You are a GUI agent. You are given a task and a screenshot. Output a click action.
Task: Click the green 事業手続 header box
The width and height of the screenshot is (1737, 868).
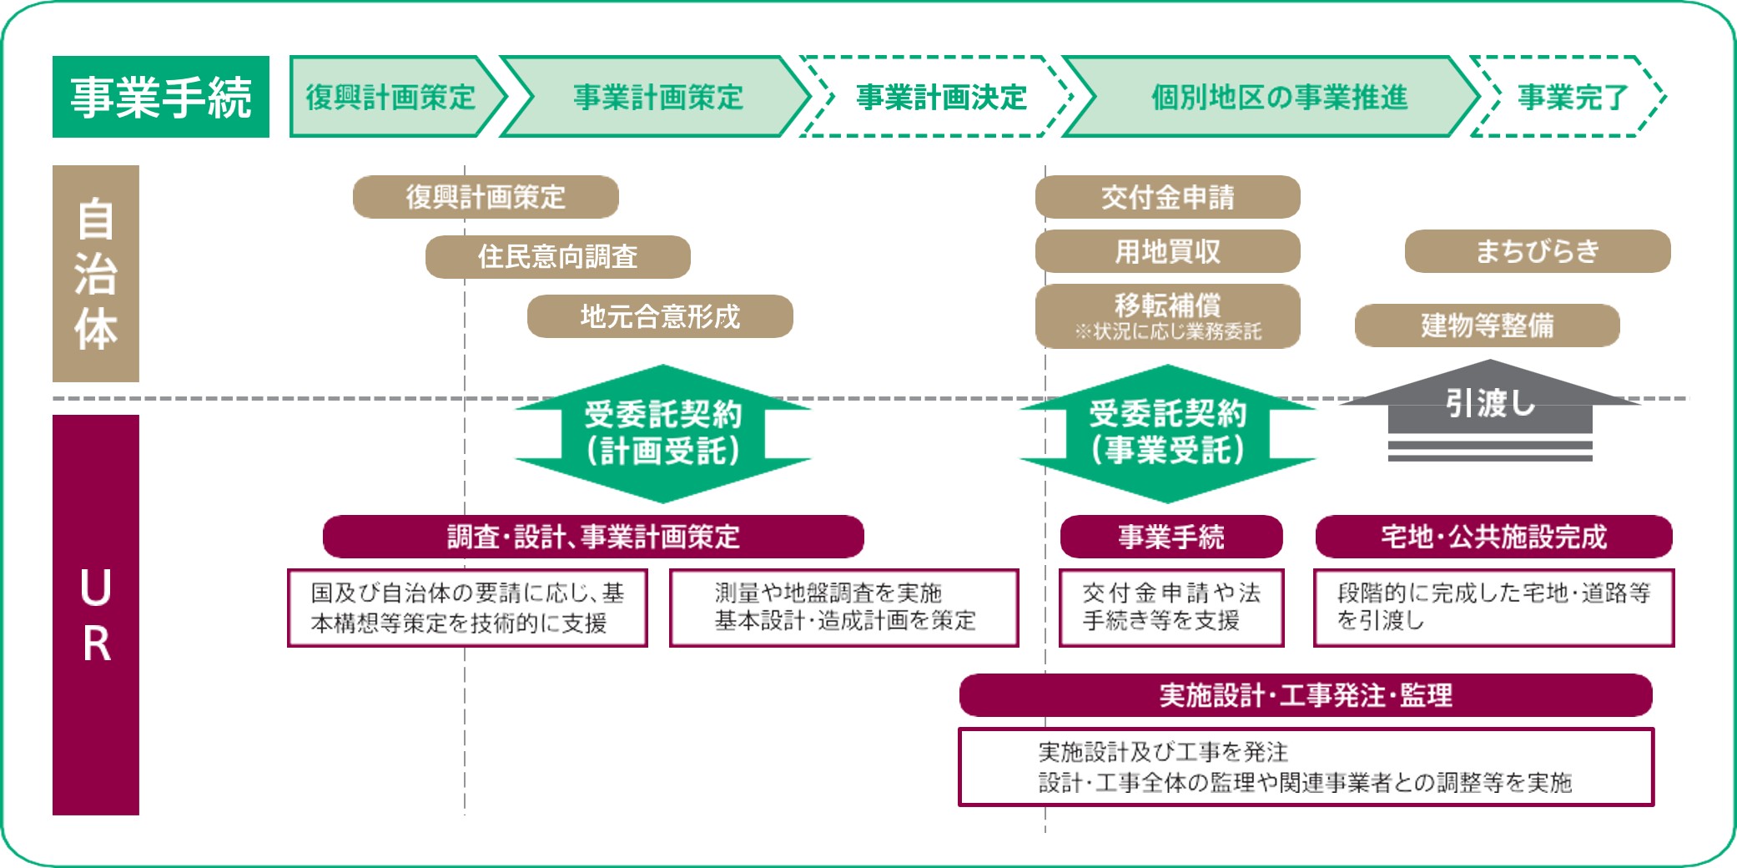160,97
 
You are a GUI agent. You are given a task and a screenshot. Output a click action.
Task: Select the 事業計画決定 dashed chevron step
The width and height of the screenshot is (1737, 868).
940,97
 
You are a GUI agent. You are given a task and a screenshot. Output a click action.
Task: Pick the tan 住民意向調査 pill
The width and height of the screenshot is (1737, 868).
557,257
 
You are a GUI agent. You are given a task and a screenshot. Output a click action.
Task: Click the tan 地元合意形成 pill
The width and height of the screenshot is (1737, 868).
659,316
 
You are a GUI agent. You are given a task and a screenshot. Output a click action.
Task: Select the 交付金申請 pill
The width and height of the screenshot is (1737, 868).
1167,197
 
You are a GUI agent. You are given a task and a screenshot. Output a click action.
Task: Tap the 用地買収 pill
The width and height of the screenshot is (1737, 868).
1167,251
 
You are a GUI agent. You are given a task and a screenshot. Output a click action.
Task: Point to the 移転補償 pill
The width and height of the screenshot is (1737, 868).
1167,315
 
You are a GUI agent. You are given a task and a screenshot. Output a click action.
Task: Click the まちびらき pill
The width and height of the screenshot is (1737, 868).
1537,251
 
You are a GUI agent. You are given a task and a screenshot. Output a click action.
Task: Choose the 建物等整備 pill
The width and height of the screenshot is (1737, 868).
1487,325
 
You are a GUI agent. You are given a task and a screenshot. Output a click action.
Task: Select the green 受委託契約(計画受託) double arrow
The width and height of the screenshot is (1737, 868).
662,433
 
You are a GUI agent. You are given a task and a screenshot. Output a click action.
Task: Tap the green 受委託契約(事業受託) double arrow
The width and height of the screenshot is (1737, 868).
1167,433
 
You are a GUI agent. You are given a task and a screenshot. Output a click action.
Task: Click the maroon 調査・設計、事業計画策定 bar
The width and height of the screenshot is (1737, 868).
592,537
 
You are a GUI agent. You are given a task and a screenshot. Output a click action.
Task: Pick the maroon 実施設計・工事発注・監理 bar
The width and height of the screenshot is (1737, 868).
1305,695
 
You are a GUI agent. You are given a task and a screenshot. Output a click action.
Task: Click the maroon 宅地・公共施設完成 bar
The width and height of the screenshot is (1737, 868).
1493,537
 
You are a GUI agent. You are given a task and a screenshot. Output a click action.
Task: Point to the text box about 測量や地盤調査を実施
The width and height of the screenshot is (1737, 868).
843,608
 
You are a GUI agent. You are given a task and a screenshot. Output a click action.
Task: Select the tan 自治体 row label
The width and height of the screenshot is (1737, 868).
96,274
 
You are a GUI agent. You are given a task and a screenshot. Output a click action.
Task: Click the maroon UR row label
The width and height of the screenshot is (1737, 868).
96,614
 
